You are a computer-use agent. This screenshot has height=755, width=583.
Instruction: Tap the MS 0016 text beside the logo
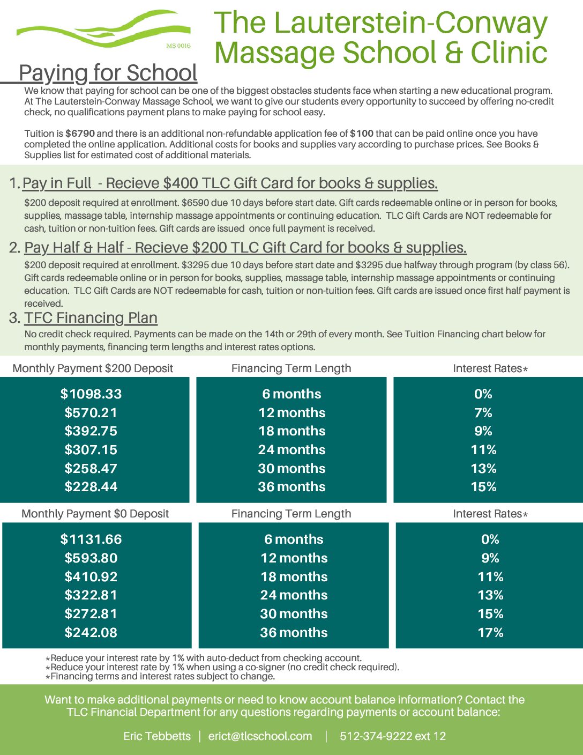click(178, 46)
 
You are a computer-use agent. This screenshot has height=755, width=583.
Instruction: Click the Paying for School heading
click(108, 73)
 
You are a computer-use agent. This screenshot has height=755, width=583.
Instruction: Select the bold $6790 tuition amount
click(80, 134)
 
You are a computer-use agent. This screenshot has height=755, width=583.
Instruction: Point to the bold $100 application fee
click(362, 134)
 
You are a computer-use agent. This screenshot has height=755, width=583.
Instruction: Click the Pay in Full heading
click(230, 183)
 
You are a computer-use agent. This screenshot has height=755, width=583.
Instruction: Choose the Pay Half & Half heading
click(245, 248)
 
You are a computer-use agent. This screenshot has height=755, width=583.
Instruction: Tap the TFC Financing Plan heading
click(91, 318)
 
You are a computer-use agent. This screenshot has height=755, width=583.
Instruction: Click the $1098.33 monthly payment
click(91, 394)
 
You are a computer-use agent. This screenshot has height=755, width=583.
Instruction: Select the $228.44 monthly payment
click(91, 487)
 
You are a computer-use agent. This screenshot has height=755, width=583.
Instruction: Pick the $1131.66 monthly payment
click(91, 539)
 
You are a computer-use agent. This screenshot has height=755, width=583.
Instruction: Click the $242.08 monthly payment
click(91, 633)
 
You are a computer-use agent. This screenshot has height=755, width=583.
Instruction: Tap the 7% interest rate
click(483, 413)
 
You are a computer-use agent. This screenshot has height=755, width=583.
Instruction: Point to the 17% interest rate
click(490, 633)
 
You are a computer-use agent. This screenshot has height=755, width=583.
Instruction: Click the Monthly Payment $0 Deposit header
click(95, 514)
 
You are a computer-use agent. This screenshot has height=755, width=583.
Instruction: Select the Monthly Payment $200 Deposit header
click(93, 368)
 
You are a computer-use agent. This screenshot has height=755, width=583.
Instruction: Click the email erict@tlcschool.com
click(260, 736)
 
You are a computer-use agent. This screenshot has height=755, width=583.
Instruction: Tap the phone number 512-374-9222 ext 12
click(393, 736)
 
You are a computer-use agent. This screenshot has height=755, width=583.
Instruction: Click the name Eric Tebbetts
click(157, 736)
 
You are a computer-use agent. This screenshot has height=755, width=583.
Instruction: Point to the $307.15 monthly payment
click(91, 450)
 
